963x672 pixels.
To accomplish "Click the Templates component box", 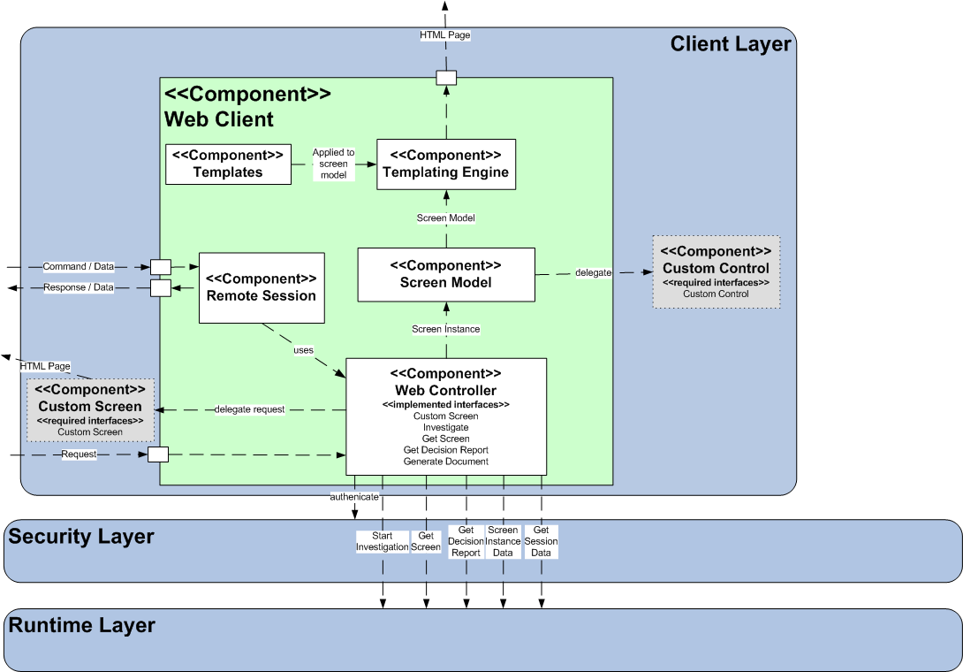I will (x=228, y=164).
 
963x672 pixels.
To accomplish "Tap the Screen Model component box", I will (x=446, y=274).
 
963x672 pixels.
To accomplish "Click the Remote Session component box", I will (x=262, y=287).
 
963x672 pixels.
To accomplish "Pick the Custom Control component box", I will (x=716, y=271).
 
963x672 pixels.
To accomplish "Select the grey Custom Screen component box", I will (x=90, y=410).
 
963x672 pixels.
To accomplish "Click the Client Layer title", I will (x=730, y=44).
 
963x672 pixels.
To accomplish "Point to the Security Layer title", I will (x=81, y=536).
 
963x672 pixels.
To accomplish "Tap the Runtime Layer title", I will (x=81, y=625).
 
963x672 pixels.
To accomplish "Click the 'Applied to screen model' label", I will (x=333, y=164).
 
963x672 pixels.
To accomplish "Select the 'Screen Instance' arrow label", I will (x=445, y=329).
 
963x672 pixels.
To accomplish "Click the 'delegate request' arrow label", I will (x=249, y=409).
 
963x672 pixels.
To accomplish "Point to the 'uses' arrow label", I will (x=303, y=350).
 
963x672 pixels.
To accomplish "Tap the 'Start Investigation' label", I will (x=382, y=541).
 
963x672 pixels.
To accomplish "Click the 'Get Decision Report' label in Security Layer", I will (x=466, y=541).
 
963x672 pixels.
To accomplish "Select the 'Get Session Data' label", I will (x=541, y=541).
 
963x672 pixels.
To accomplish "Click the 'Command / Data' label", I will (x=79, y=266).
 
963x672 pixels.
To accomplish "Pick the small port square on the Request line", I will (x=158, y=454).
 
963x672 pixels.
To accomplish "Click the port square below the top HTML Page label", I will (x=446, y=77).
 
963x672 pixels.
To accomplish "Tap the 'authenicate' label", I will (x=354, y=497).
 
